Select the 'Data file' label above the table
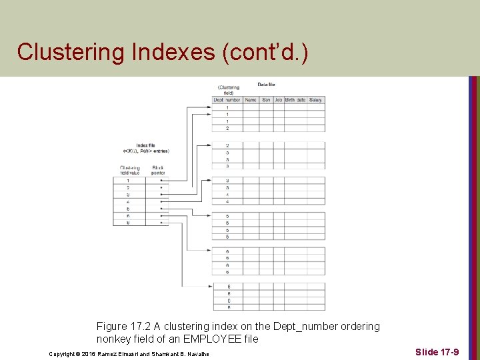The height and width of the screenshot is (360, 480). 267,85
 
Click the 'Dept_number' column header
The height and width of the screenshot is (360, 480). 227,100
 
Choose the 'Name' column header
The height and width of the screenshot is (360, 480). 251,100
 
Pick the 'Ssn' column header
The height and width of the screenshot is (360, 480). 266,100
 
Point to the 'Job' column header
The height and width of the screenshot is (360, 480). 278,100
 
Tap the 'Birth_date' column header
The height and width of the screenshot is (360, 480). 295,100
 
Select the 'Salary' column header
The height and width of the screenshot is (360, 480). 315,100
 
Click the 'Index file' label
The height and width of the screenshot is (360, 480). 146,145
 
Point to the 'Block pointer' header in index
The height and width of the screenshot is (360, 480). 158,170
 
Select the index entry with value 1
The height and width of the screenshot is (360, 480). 127,181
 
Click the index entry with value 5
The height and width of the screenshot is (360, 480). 127,209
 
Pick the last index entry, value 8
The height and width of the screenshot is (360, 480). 127,223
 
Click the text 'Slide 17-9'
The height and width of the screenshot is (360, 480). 437,351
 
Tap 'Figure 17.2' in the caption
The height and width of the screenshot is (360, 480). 124,327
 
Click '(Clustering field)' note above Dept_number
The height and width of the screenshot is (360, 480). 228,89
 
